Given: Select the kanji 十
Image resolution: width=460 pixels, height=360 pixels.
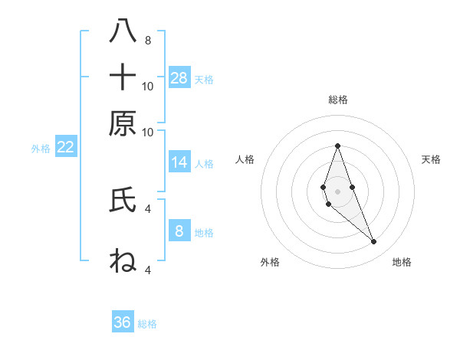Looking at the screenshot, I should point(123,77).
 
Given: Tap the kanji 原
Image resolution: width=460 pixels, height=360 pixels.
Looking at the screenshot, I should point(123,123).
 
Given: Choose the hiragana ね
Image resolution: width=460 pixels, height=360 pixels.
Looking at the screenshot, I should point(123,260).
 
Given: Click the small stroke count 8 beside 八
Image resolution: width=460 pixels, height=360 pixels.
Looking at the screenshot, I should point(147,41).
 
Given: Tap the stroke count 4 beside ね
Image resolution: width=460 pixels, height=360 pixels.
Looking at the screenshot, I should point(147,270).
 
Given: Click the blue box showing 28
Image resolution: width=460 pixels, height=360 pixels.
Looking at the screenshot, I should point(179,77).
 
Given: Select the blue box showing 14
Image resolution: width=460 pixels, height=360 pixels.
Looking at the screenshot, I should point(179,162).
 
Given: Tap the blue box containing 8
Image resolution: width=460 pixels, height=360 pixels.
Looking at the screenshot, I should point(179,231).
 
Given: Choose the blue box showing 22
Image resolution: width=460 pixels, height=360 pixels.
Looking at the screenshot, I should point(65,147).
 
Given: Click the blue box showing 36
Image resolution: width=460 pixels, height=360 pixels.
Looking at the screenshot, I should point(123,322).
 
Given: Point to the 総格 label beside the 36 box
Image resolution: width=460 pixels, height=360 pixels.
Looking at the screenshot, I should point(147,324).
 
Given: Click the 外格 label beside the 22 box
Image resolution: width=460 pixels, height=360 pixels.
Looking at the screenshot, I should point(40,149).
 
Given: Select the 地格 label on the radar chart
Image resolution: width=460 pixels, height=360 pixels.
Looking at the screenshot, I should point(402,262).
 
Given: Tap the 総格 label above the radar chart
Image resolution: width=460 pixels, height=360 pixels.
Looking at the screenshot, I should point(337,100).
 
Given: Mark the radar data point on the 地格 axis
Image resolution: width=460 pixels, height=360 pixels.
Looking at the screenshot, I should point(374,242).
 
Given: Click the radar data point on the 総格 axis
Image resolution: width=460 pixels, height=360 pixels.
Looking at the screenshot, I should point(337,146).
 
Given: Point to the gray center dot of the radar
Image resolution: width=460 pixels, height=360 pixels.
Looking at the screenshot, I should point(337,191).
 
